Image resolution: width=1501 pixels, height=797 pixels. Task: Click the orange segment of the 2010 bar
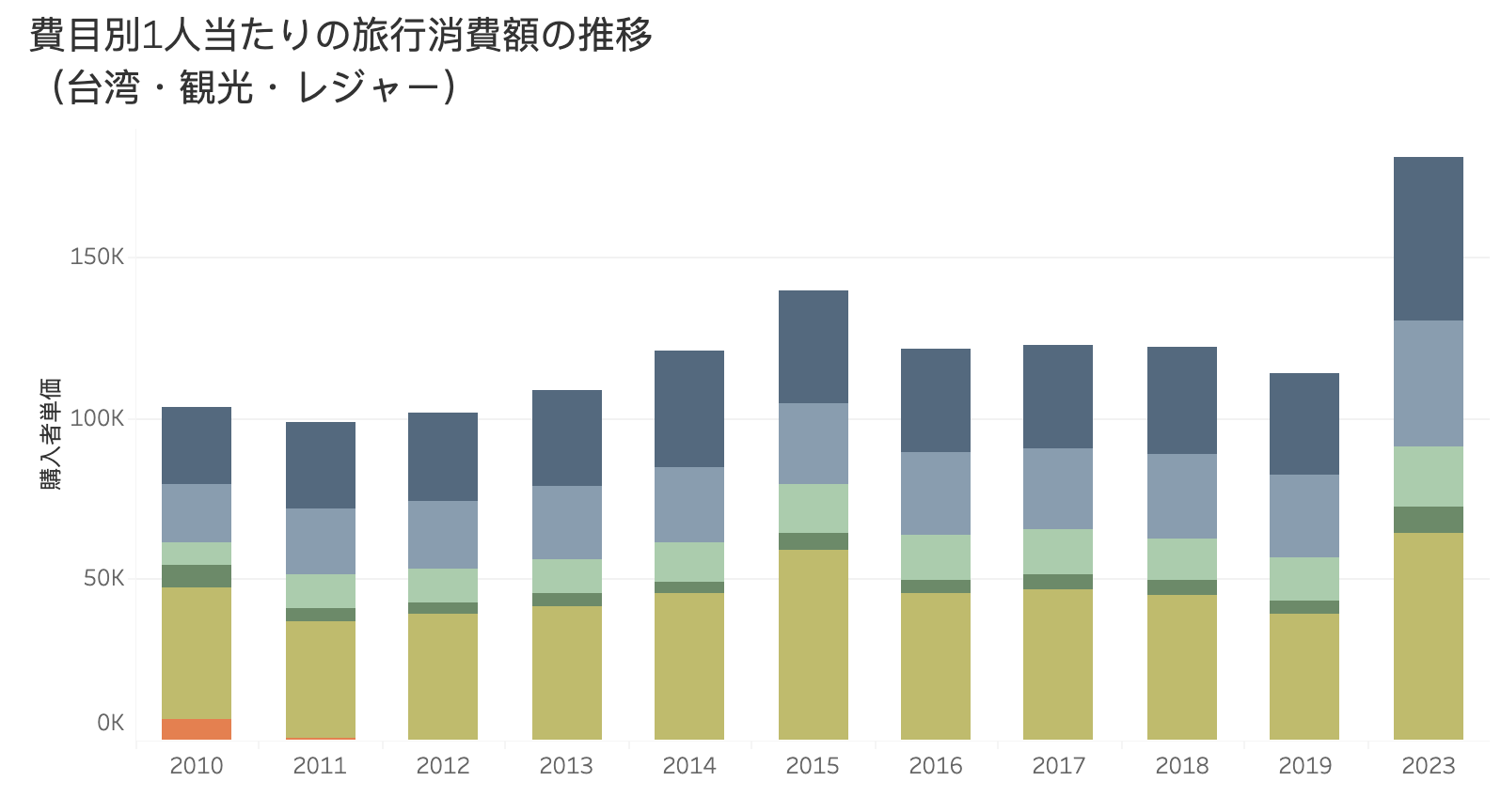coord(197,728)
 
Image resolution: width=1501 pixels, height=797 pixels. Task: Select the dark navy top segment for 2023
coord(1428,239)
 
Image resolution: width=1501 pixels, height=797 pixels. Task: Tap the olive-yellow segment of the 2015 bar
coord(813,644)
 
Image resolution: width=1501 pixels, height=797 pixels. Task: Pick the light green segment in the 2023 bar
coord(1428,477)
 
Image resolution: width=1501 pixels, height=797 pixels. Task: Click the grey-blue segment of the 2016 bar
coord(935,493)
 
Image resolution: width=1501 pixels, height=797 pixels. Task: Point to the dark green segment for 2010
coord(197,576)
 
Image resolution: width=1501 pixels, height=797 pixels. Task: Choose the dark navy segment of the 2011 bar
coord(320,465)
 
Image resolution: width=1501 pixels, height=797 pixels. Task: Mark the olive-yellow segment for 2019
coord(1303,676)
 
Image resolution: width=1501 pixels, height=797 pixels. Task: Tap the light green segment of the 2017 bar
coord(1058,552)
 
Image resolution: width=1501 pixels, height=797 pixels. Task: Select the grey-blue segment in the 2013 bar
coord(566,523)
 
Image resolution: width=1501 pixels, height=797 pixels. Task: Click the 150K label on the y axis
coord(97,257)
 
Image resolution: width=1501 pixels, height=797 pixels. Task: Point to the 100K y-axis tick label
coord(97,418)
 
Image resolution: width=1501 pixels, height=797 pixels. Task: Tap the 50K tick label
coord(103,578)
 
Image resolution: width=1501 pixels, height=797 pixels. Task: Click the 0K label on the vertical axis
coord(110,723)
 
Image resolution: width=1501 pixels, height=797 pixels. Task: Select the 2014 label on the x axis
coord(689,766)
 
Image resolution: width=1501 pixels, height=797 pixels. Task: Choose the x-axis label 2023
coord(1428,766)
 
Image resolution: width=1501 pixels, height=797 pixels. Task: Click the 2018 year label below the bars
coord(1181,766)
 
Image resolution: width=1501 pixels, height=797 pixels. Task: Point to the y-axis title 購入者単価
coord(51,433)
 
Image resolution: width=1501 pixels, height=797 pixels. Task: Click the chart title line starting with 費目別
coord(340,36)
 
